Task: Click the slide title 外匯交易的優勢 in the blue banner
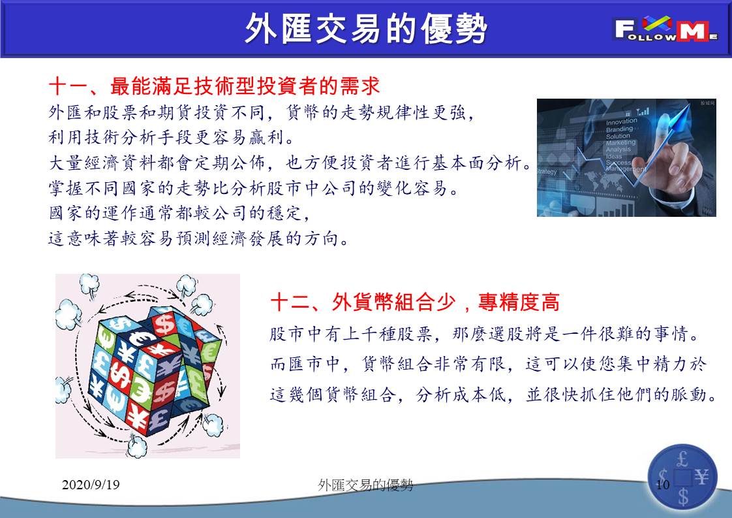366,29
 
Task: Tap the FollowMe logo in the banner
666,29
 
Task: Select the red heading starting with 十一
214,86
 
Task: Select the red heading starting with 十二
415,302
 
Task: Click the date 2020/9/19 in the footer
91,484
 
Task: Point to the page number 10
663,484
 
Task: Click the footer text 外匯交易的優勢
365,485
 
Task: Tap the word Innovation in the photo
621,121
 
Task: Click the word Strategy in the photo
547,172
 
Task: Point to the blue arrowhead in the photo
684,112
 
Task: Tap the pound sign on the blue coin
682,459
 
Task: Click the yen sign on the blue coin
701,477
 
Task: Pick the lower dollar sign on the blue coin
683,496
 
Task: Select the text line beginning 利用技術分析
172,137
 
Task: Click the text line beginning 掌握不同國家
254,188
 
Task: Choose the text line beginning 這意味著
198,238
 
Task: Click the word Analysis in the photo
618,150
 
